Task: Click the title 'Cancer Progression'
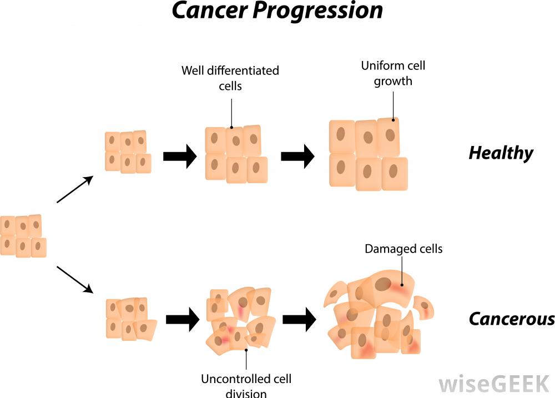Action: [277, 11]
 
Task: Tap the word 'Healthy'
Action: [501, 153]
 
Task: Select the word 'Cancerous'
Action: [511, 319]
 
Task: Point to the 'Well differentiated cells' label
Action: [230, 78]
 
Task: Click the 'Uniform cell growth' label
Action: [393, 73]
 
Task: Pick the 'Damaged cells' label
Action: [403, 249]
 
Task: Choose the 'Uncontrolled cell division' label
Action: [246, 386]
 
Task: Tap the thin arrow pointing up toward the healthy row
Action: [74, 190]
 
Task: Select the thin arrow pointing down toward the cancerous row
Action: [74, 279]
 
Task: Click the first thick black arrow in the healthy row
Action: [180, 157]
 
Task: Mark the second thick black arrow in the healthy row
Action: [297, 157]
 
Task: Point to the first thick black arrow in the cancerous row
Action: [183, 319]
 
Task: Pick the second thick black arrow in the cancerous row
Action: [299, 319]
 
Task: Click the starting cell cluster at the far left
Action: [22, 236]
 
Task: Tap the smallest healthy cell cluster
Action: [128, 152]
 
